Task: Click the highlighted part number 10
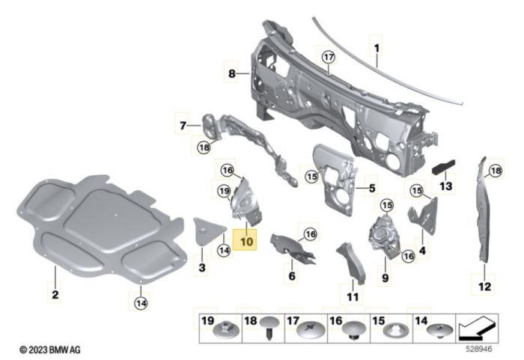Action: click(x=246, y=242)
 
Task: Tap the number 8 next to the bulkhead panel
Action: click(x=232, y=73)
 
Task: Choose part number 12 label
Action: click(x=483, y=285)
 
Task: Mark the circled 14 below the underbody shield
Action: click(x=140, y=302)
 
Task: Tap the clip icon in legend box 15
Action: click(x=393, y=329)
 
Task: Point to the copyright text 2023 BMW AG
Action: click(x=49, y=349)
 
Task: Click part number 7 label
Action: click(x=182, y=123)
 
